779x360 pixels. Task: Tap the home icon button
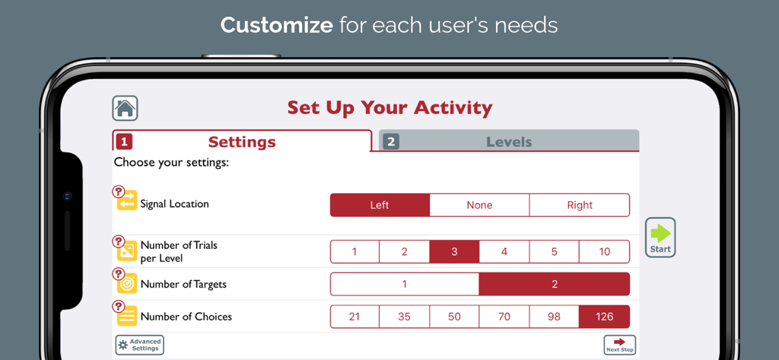[125, 108]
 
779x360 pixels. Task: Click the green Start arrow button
[660, 237]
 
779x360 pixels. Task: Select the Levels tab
[508, 142]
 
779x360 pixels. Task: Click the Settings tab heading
[242, 142]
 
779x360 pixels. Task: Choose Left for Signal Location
[380, 205]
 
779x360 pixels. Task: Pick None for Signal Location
[479, 205]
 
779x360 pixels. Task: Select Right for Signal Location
[580, 205]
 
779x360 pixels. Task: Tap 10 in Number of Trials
[604, 252]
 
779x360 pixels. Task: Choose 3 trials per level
[454, 252]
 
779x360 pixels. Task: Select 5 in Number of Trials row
[554, 252]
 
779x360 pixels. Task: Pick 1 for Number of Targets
[404, 284]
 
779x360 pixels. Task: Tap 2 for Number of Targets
[555, 284]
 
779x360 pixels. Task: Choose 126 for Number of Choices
[604, 317]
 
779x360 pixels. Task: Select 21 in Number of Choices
[355, 317]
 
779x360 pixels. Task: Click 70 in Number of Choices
[504, 317]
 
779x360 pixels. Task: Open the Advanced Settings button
[139, 345]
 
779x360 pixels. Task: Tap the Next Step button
[619, 345]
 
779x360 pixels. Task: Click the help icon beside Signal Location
[118, 192]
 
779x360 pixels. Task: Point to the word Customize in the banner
[276, 25]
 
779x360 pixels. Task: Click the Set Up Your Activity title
[389, 108]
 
